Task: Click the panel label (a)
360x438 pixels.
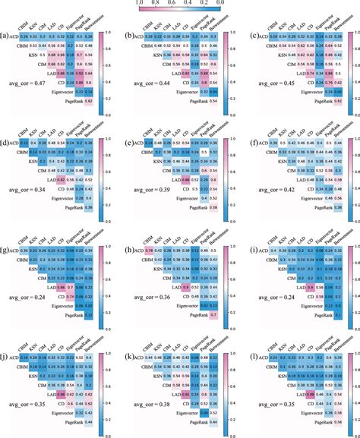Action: click(6, 36)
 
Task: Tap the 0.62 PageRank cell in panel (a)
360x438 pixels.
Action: click(88, 100)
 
